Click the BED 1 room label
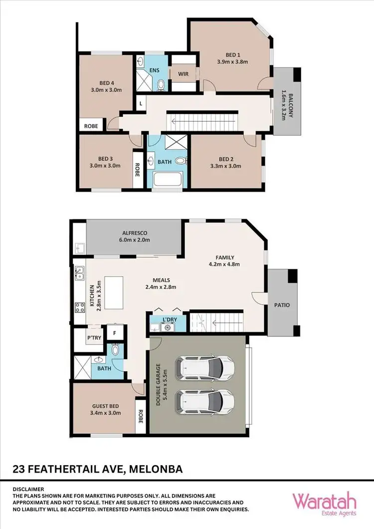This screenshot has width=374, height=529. point(229,55)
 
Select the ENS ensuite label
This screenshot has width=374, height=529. point(154,70)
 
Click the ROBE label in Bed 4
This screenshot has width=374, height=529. point(91,126)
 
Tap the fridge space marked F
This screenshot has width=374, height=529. point(115,333)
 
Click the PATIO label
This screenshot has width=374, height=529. point(282,305)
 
